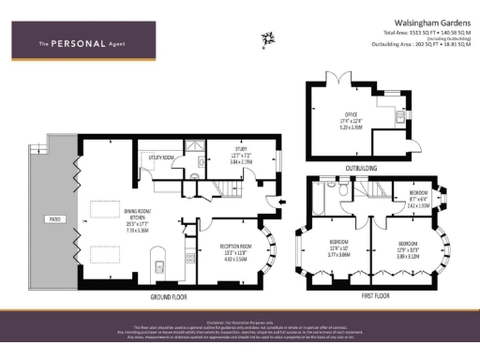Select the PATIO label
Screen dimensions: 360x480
[55, 219]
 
